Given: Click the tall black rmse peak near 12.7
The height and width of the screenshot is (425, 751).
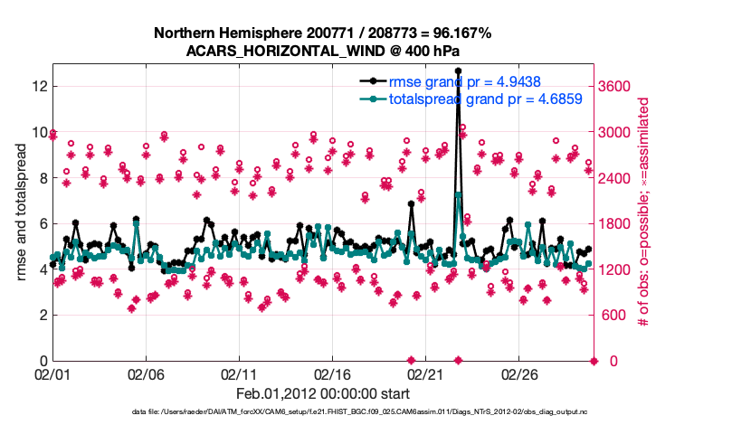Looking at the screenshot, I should point(458,71).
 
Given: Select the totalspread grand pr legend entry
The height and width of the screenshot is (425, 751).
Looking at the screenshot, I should point(485,99).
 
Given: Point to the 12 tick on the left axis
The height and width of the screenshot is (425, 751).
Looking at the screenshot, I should point(39,86).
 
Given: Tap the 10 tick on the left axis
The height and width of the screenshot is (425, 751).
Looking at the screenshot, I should point(39,132).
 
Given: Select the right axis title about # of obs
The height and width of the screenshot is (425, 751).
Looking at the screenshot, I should point(645,212).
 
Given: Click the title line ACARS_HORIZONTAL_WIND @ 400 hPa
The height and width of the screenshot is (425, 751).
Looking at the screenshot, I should point(322,51).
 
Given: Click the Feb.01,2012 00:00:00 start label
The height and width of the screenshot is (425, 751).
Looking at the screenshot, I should point(322,394).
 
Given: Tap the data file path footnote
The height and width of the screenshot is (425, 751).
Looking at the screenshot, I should point(322,412).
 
